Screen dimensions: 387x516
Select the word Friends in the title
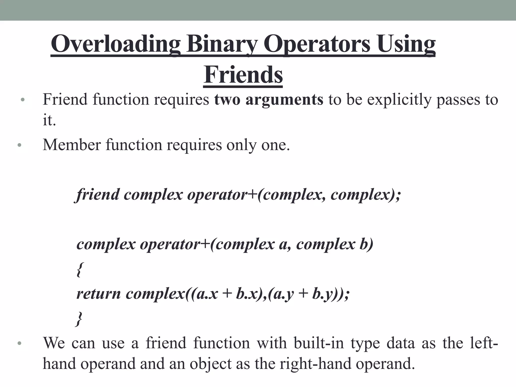tap(243, 75)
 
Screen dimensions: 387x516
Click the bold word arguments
tap(284, 100)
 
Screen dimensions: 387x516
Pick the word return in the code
tap(99, 294)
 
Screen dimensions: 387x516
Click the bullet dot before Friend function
tap(23, 100)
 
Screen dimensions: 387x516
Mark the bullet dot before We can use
tap(20, 343)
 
